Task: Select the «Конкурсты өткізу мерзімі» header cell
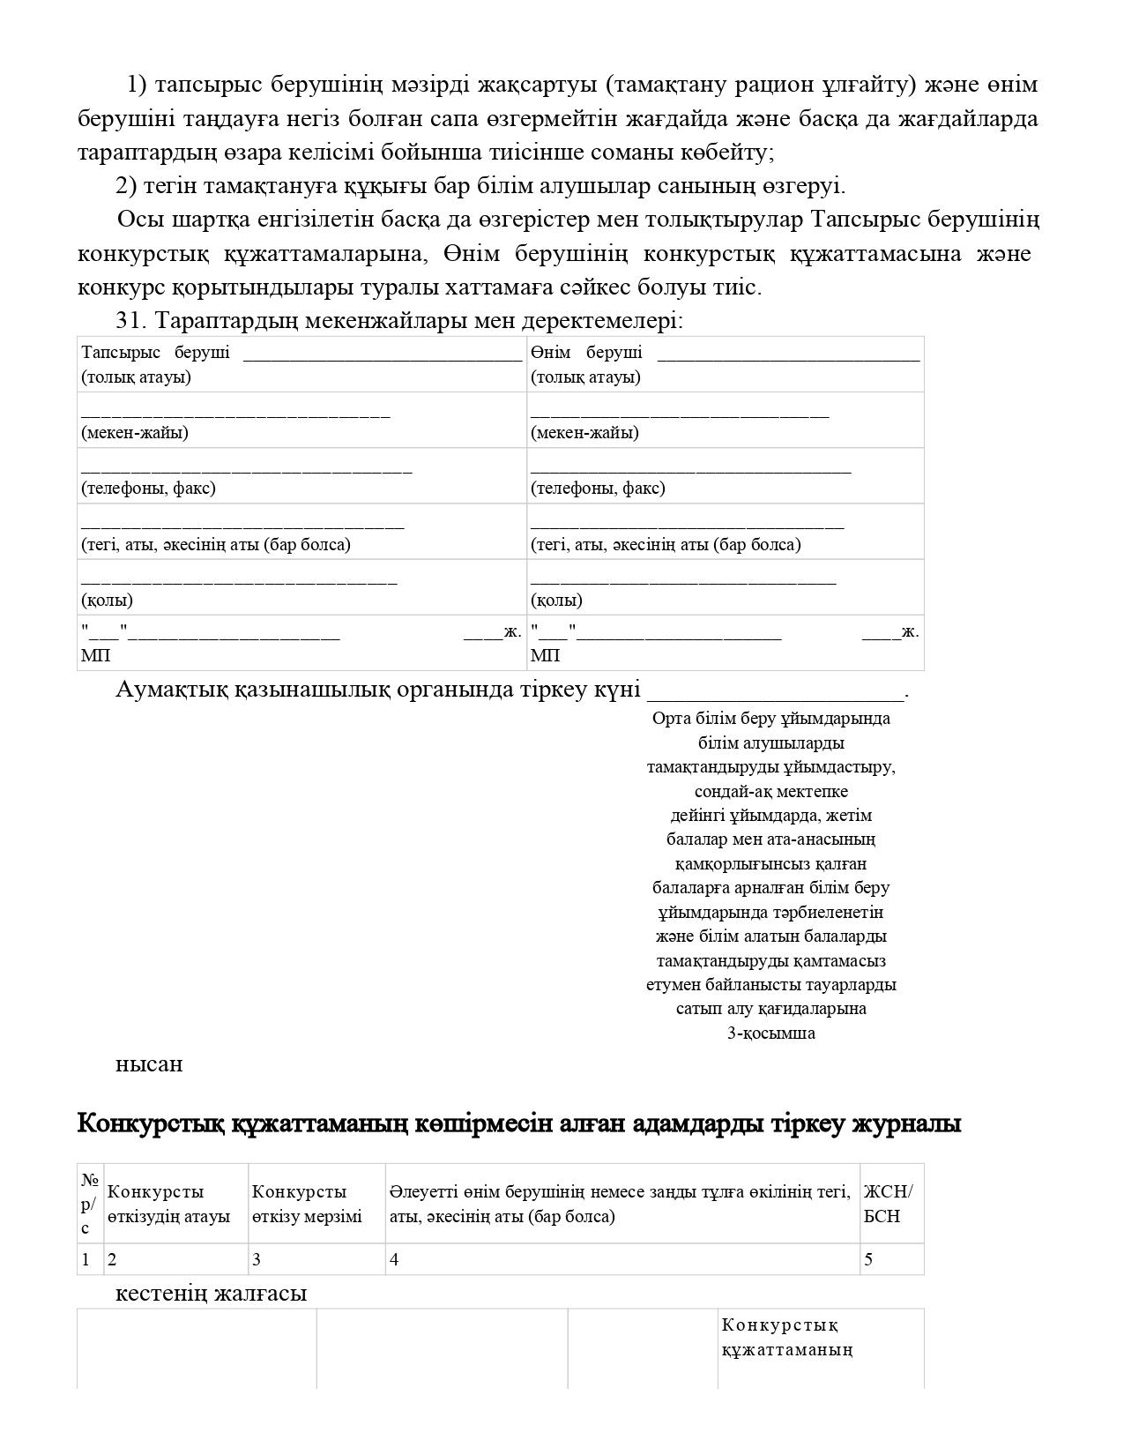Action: (x=307, y=1204)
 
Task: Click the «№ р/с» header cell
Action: (x=89, y=1204)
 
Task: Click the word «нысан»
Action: (x=149, y=1064)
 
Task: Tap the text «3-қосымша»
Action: (x=770, y=1033)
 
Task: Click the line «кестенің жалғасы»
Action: (x=212, y=1294)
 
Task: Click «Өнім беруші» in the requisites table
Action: (x=586, y=353)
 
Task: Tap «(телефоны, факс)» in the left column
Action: (x=148, y=488)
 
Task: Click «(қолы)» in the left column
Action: (x=107, y=600)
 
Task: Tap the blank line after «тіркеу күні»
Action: (x=776, y=691)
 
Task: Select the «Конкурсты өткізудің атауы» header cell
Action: (x=168, y=1204)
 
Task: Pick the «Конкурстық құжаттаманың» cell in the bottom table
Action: (x=786, y=1337)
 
